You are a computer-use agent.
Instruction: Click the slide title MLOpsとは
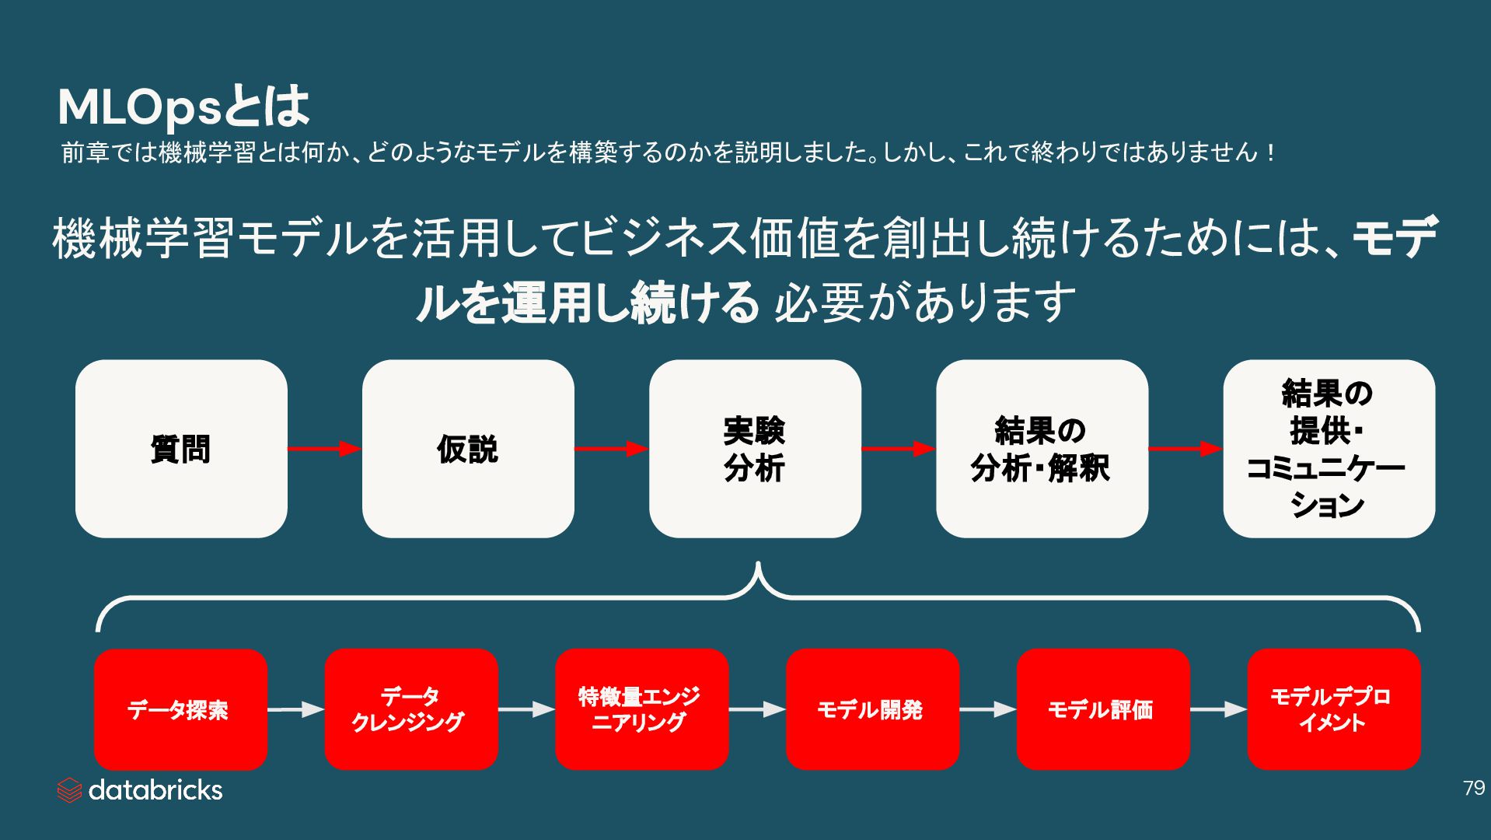[x=183, y=107]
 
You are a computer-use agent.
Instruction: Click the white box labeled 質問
[x=181, y=449]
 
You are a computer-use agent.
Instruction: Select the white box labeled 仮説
[x=468, y=449]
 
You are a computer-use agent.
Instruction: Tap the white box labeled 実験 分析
[x=755, y=449]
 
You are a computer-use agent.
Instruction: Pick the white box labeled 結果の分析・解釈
[x=1042, y=449]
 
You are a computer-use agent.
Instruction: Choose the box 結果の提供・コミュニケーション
[x=1329, y=449]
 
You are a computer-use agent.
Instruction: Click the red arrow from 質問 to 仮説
[x=324, y=449]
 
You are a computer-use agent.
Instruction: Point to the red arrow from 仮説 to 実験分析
[x=611, y=449]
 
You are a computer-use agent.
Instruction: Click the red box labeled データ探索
[x=180, y=709]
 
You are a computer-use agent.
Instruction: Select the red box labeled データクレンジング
[x=411, y=709]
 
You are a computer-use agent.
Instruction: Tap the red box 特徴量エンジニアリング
[x=641, y=709]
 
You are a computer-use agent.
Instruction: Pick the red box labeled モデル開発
[x=872, y=709]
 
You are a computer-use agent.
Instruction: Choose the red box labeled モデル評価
[x=1103, y=709]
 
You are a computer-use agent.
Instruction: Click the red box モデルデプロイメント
[x=1333, y=709]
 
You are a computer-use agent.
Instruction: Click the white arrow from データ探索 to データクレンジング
[x=296, y=709]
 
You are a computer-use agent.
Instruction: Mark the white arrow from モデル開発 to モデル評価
[x=988, y=709]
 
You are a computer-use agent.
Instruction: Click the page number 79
[x=1473, y=789]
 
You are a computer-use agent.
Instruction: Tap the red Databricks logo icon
[x=69, y=790]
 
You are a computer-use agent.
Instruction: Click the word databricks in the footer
[x=155, y=790]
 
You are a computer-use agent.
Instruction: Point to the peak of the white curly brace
[x=757, y=565]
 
